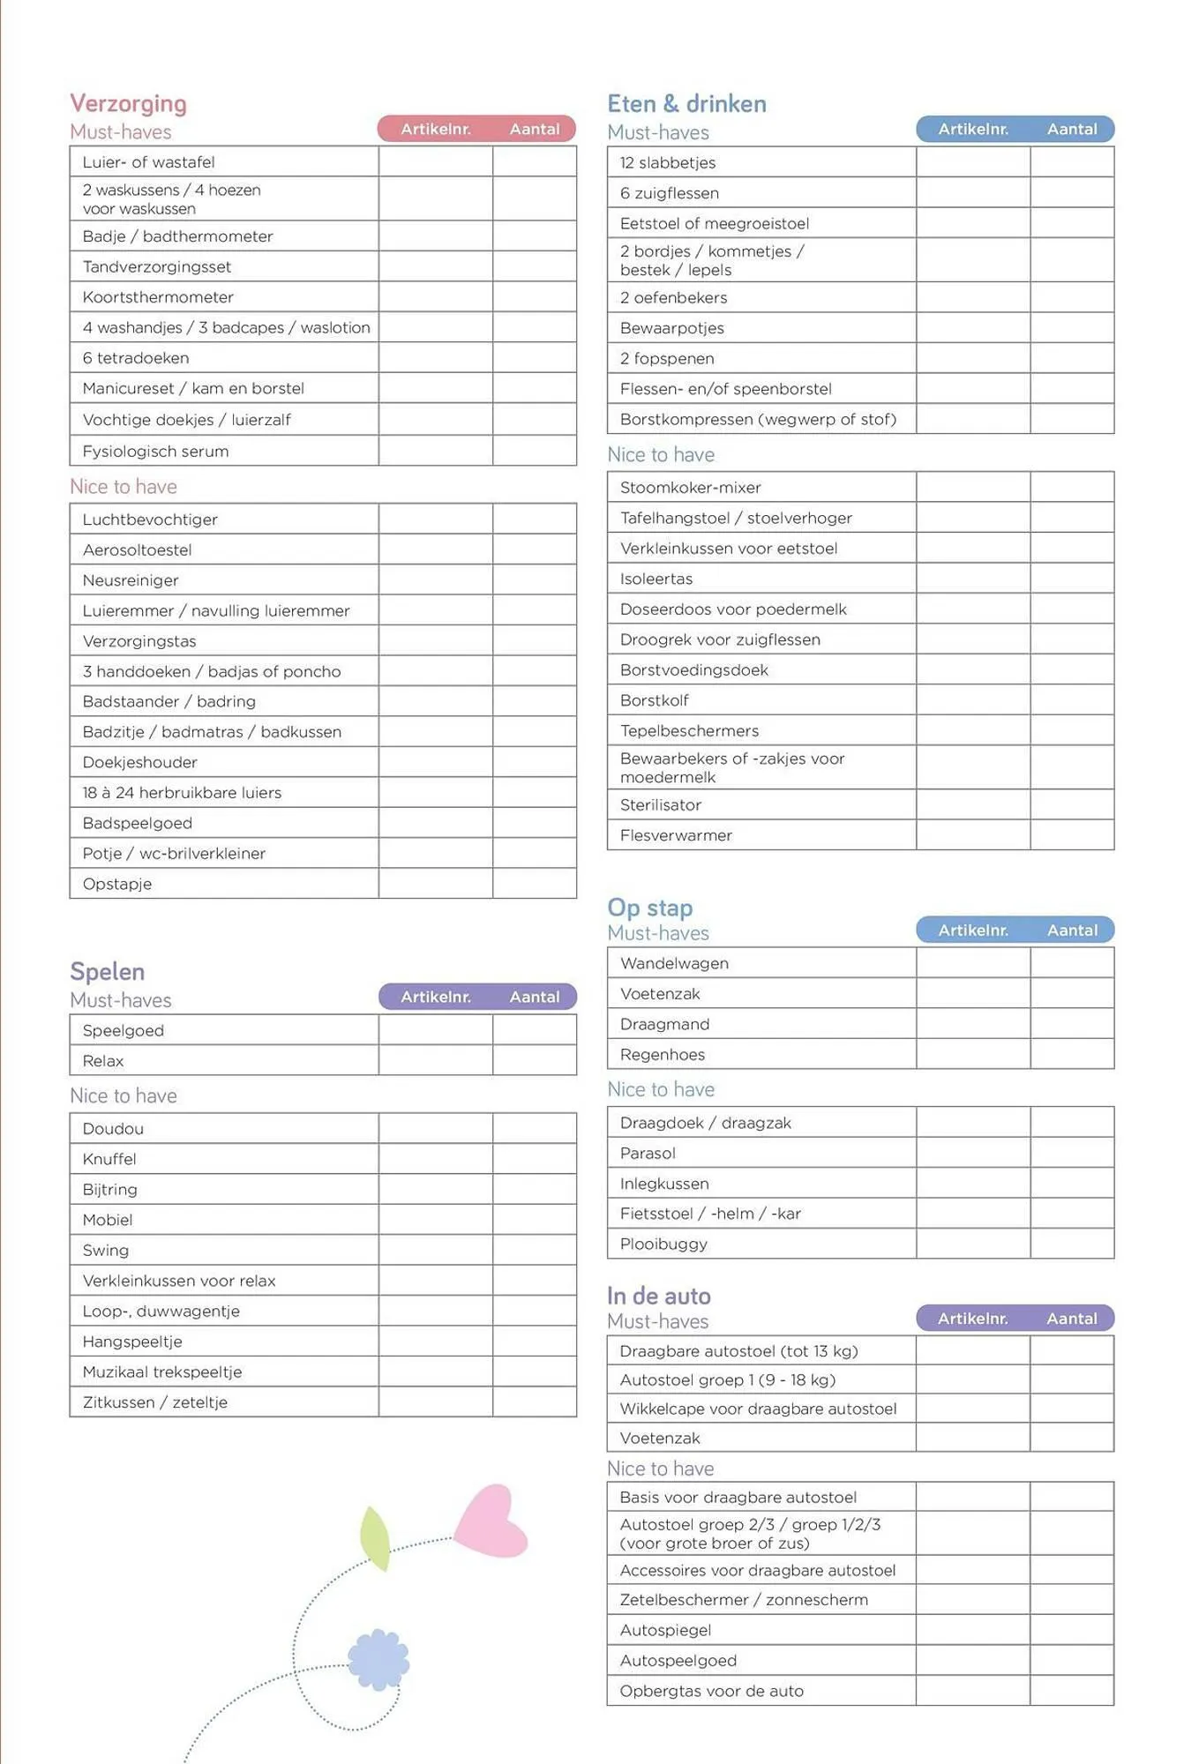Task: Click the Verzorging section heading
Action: coord(128,103)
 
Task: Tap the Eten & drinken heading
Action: coord(686,103)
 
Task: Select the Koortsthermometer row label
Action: coord(158,297)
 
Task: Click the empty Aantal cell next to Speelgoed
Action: coord(534,1030)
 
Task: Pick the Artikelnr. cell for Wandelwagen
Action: coord(972,963)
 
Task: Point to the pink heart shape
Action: coord(492,1521)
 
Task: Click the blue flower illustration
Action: coord(378,1659)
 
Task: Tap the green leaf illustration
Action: coord(375,1537)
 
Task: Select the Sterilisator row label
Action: coord(661,805)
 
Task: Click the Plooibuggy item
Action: coord(663,1244)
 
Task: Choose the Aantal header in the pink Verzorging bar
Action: coord(534,129)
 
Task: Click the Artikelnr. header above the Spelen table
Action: coord(436,997)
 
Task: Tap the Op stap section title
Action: coord(650,908)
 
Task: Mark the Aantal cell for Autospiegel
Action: coord(1071,1630)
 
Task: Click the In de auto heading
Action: coord(658,1296)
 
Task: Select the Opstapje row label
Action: coord(117,884)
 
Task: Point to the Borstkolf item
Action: coord(655,700)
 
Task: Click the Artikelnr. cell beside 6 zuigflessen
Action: coord(972,193)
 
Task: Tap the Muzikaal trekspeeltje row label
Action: coord(162,1372)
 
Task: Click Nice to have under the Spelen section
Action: coord(124,1095)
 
